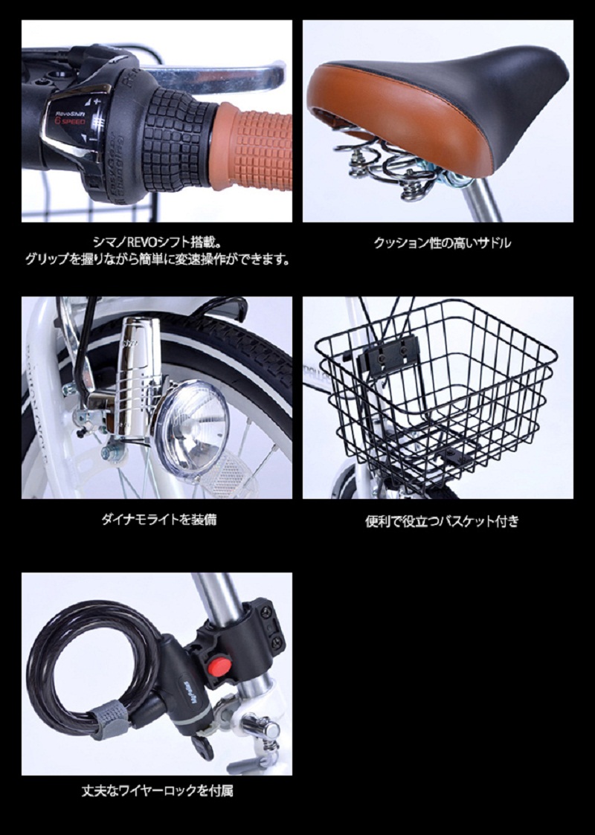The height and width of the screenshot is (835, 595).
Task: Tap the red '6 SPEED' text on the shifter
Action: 71,121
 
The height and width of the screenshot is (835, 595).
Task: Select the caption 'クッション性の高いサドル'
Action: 442,243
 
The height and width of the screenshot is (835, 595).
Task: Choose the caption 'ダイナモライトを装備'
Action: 158,519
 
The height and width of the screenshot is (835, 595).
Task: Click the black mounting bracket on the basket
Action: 387,352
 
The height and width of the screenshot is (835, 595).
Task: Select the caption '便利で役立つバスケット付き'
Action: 442,520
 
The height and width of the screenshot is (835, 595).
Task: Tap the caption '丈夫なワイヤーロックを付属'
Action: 157,791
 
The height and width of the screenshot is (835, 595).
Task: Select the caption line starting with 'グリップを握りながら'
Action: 157,260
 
